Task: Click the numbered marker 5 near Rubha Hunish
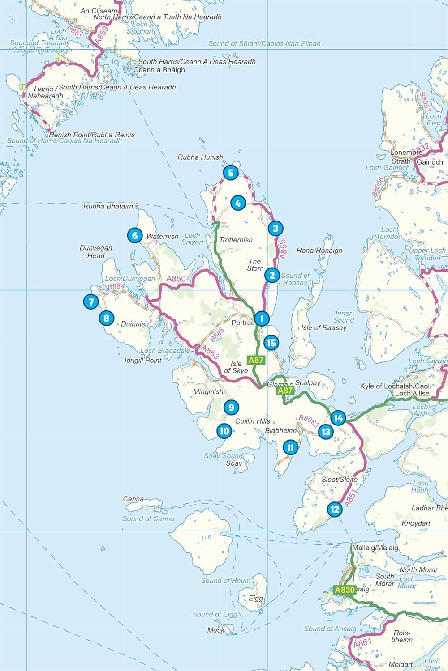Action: (x=230, y=173)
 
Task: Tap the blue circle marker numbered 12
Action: (x=335, y=509)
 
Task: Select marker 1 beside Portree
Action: (x=262, y=319)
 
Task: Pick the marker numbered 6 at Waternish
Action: (x=135, y=235)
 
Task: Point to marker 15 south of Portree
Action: (x=271, y=343)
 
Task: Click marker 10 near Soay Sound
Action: (x=224, y=431)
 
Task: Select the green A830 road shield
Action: (x=345, y=590)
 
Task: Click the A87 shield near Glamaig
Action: (x=285, y=391)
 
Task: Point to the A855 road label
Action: (x=283, y=249)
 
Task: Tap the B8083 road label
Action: (x=309, y=421)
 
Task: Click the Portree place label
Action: (x=243, y=323)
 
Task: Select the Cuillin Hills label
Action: (x=253, y=421)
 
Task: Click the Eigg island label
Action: (x=256, y=598)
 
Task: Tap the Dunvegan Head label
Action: (x=96, y=251)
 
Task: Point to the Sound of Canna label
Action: (x=148, y=518)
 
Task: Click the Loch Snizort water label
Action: (x=193, y=238)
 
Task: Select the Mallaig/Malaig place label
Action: (x=375, y=548)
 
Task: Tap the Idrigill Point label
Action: (x=143, y=360)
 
